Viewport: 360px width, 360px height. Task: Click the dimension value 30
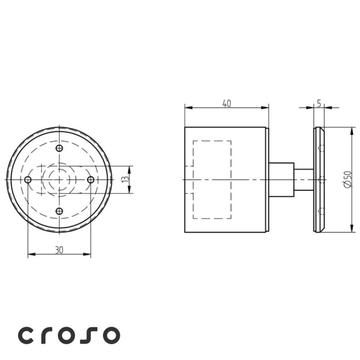(x=59, y=249)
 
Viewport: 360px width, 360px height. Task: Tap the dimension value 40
(x=226, y=103)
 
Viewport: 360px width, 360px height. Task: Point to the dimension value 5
(x=319, y=103)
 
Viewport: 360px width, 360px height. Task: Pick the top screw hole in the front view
(x=60, y=148)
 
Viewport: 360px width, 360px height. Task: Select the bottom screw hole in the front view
(x=60, y=210)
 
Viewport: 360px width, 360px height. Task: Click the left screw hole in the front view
(x=28, y=179)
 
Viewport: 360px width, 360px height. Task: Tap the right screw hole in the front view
(x=91, y=179)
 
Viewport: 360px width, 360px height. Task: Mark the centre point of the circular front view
(x=60, y=179)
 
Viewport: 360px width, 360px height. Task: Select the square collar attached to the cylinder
(x=281, y=179)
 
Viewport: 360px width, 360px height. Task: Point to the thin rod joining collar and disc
(x=303, y=179)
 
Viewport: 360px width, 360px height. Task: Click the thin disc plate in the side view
(x=319, y=179)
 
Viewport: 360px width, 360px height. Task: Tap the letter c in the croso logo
(x=27, y=335)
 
